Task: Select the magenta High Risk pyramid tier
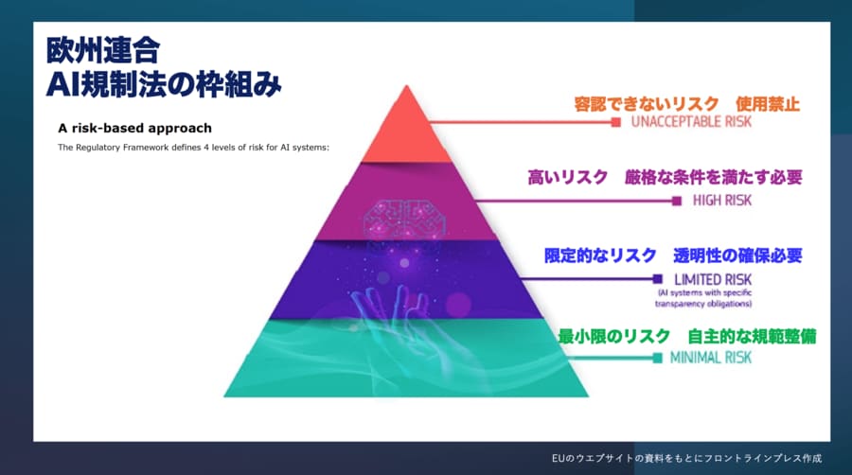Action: tap(406, 202)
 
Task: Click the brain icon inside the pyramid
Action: tap(405, 220)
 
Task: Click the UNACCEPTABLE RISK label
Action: tap(691, 122)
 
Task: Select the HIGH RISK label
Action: tap(722, 201)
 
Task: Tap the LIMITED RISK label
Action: tap(713, 279)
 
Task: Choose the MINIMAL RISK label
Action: tap(711, 358)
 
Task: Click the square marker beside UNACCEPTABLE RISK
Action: tap(615, 122)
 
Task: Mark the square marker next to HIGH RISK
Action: tap(677, 201)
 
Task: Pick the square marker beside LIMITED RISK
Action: tap(658, 279)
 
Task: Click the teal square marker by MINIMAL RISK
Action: tap(658, 358)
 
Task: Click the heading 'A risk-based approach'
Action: tap(134, 128)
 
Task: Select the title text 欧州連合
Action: tap(103, 50)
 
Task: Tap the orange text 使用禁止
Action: tap(768, 104)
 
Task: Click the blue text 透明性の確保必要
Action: tap(737, 255)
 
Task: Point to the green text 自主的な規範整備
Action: tap(752, 336)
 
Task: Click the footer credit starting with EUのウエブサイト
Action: tap(687, 458)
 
